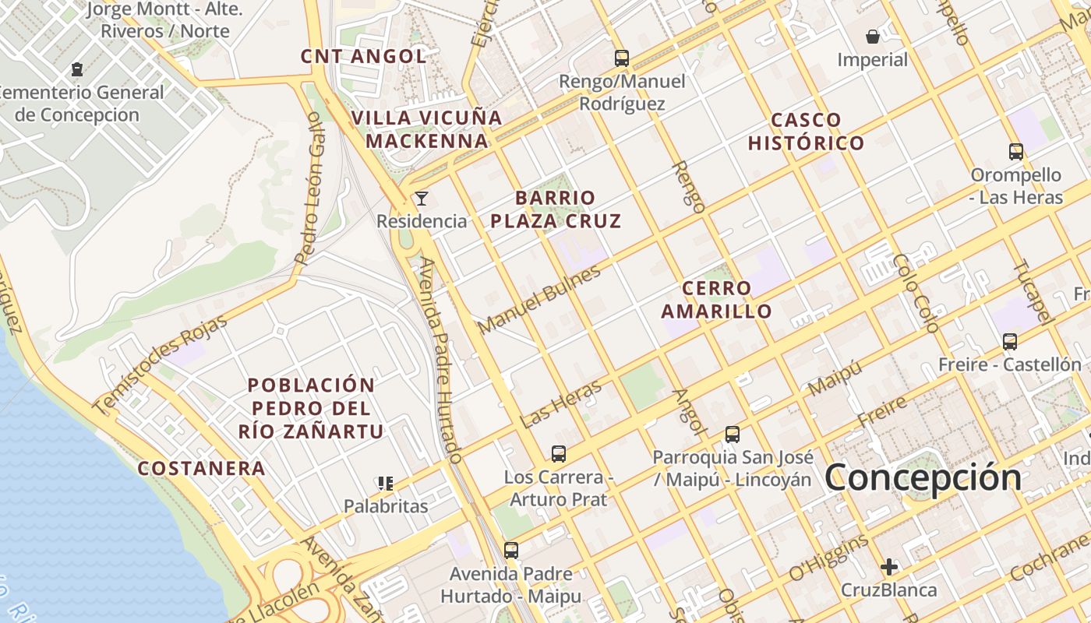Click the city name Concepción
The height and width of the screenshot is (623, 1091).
(923, 477)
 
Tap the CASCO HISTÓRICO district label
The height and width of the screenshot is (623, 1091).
(806, 132)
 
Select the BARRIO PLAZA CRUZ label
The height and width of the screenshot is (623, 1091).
(556, 209)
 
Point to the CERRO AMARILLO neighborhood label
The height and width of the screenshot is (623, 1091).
(717, 300)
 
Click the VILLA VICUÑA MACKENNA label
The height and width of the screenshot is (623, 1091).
(427, 129)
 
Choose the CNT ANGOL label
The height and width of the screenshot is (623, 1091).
(364, 56)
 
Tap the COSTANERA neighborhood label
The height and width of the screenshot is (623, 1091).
(202, 468)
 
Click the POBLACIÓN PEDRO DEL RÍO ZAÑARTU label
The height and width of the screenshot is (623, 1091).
(311, 408)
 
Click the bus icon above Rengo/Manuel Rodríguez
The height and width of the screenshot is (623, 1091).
(621, 58)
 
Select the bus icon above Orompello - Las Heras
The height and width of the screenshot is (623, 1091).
(1015, 152)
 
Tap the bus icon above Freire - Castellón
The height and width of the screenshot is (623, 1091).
(1010, 341)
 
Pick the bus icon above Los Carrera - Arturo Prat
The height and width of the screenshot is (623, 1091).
(558, 453)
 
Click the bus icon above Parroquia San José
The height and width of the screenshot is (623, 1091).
(732, 435)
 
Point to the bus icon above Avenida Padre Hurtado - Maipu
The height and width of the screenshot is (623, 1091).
(510, 551)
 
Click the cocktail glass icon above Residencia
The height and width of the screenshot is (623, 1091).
(422, 198)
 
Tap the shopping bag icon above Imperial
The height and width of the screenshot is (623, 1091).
(873, 37)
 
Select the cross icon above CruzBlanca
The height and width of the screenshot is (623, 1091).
(888, 567)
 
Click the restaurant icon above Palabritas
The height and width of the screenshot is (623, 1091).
(385, 484)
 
